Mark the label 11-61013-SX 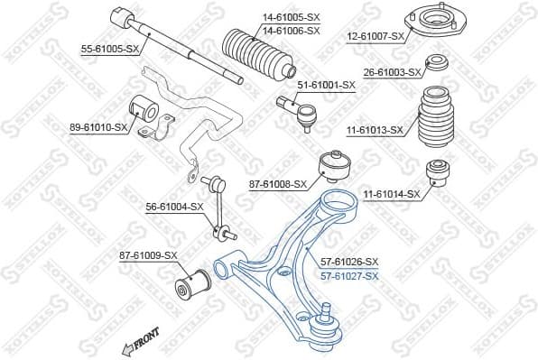(x=374, y=130)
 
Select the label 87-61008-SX (x=278, y=184)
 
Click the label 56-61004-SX (x=175, y=206)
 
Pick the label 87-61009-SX (x=148, y=256)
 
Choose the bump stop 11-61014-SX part (x=438, y=171)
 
